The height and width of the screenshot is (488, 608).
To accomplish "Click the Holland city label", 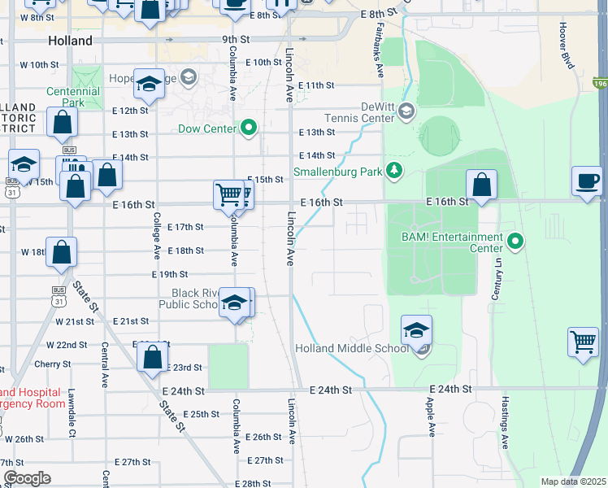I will tap(70, 40).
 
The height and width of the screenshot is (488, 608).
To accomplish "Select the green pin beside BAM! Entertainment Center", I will tap(515, 242).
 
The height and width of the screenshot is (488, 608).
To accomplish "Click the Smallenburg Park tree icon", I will tap(394, 170).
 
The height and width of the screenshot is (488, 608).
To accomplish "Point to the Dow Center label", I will tap(206, 129).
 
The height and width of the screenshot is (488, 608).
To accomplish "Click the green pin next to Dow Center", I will tap(248, 128).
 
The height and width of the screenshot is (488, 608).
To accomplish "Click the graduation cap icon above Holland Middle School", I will tap(416, 330).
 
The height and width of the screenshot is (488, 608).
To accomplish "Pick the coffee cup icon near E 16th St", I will tap(586, 180).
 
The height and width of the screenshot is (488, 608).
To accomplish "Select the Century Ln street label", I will tap(493, 277).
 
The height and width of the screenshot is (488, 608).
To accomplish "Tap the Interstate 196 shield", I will tap(600, 83).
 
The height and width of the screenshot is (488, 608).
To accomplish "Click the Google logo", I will tap(27, 478).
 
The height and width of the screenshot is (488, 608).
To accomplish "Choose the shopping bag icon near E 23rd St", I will tap(152, 356).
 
